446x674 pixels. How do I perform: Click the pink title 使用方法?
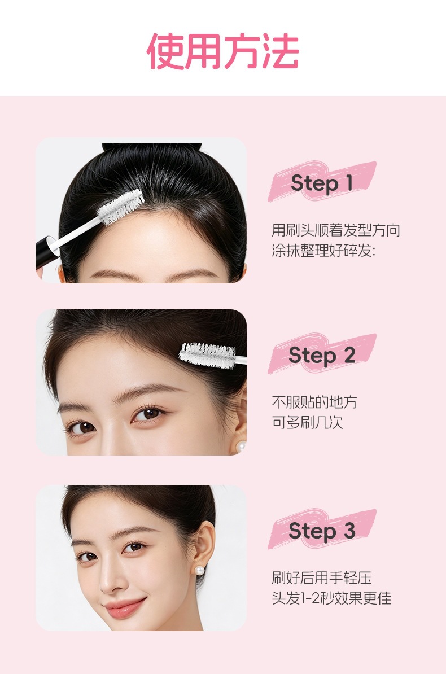[223, 51]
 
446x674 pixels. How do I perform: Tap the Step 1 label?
[322, 183]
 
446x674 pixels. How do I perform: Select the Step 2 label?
[322, 356]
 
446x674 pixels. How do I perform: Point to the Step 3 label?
[322, 531]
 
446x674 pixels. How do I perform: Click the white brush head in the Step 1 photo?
[120, 207]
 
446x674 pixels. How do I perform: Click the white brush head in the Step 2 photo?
[208, 355]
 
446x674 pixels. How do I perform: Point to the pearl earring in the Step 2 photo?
[241, 446]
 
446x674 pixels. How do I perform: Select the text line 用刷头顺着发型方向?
[335, 230]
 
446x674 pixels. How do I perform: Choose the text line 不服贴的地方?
[314, 402]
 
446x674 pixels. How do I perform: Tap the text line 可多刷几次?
[307, 423]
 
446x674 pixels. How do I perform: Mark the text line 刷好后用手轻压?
[321, 577]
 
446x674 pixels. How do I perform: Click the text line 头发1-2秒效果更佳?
[331, 598]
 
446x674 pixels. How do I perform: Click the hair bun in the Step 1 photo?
[151, 147]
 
